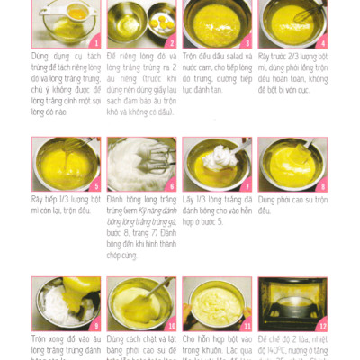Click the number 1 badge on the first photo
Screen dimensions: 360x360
coord(96,42)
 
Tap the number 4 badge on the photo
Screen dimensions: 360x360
coord(322,42)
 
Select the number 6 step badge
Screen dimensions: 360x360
coord(171,185)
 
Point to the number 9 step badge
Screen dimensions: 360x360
coord(96,325)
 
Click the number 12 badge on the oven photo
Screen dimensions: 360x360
coord(321,325)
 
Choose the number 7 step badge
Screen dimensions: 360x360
coord(247,185)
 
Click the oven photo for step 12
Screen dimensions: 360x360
coord(292,304)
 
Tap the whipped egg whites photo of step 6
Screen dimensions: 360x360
coord(141,164)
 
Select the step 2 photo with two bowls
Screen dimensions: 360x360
coord(141,23)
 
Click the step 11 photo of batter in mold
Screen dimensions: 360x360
coord(217,304)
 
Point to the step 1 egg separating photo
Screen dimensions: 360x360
coord(66,23)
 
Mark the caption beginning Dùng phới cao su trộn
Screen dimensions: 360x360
coord(292,204)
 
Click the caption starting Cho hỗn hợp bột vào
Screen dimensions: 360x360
coord(217,346)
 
